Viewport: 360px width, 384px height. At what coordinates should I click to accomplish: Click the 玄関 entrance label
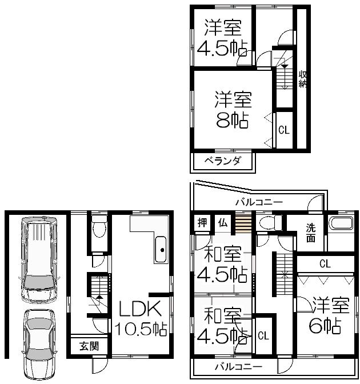[89, 345]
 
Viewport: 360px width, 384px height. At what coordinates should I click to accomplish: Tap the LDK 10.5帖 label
[142, 319]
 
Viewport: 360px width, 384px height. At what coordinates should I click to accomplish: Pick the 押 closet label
[202, 223]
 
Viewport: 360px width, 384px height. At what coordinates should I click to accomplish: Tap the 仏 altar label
[222, 223]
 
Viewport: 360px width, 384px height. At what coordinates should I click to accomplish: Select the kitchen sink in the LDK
[162, 249]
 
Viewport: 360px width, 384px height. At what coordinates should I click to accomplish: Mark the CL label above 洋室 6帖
[325, 263]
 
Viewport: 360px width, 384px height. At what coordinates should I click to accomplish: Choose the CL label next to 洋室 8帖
[283, 130]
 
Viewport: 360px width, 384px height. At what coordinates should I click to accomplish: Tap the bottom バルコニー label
[238, 366]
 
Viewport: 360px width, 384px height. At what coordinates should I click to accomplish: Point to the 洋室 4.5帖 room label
[219, 37]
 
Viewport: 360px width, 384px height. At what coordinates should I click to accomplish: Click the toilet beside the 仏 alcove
[266, 223]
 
